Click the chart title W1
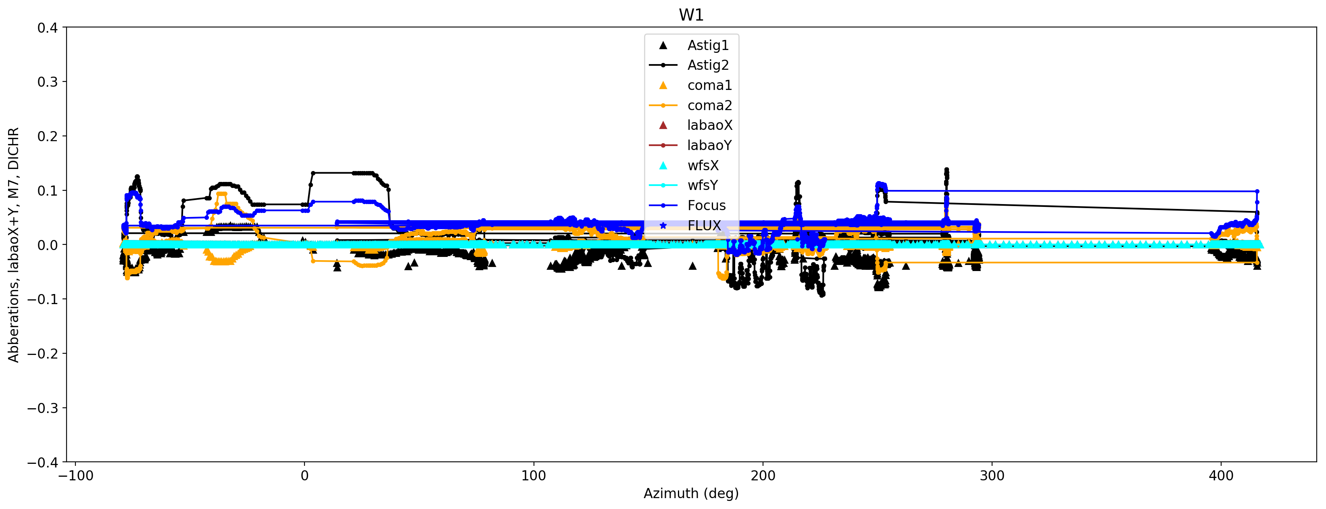[x=691, y=15]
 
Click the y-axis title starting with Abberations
[x=13, y=245]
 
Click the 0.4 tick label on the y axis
[x=47, y=28]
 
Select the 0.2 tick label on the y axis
[x=47, y=136]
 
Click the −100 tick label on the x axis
[x=76, y=476]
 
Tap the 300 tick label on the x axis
[x=992, y=476]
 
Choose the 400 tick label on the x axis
[x=1221, y=476]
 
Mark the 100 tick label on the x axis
[x=534, y=476]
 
